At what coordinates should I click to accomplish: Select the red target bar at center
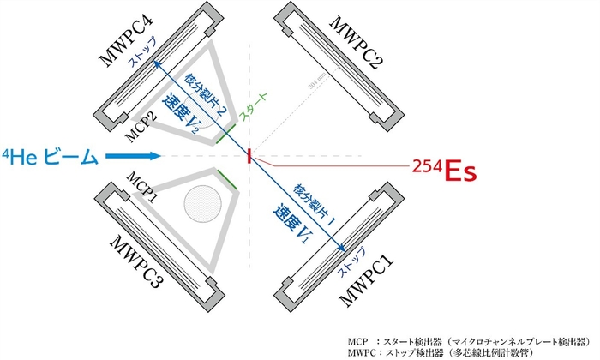(249, 156)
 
